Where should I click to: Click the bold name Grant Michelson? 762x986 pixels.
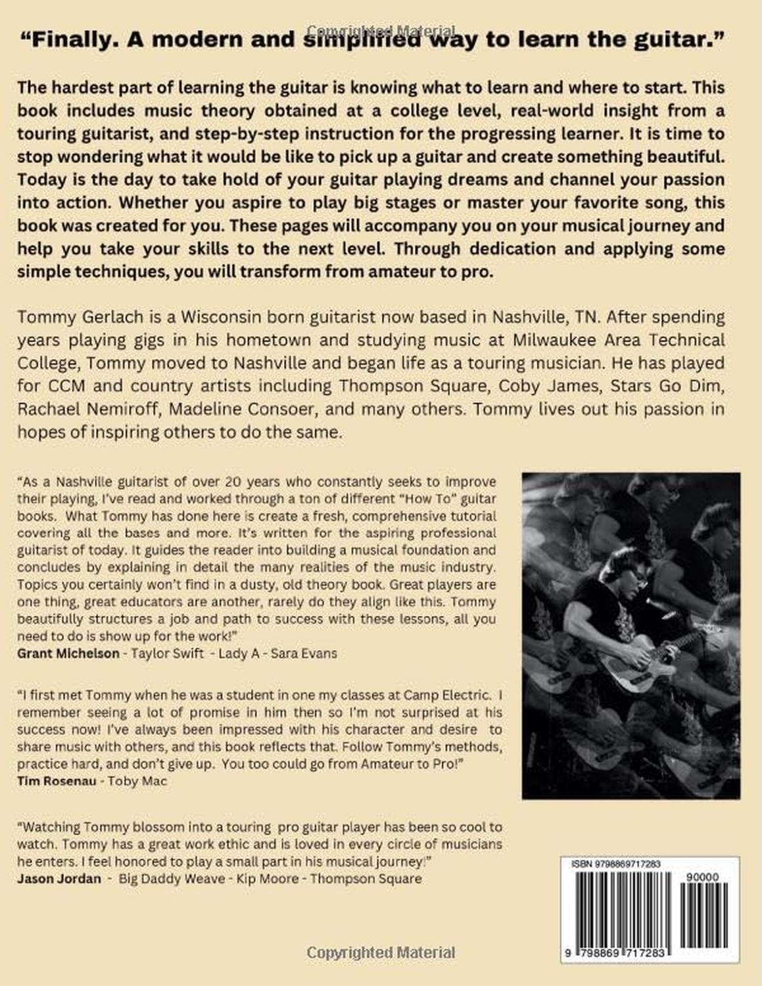click(x=68, y=653)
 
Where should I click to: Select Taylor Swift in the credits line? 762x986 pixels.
click(x=168, y=653)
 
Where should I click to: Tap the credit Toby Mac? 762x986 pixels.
click(x=137, y=781)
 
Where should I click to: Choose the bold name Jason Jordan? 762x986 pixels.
click(x=59, y=879)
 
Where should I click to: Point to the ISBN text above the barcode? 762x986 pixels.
click(x=616, y=864)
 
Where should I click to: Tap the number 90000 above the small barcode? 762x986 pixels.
click(x=702, y=877)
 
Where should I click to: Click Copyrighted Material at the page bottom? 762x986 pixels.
click(x=381, y=952)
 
